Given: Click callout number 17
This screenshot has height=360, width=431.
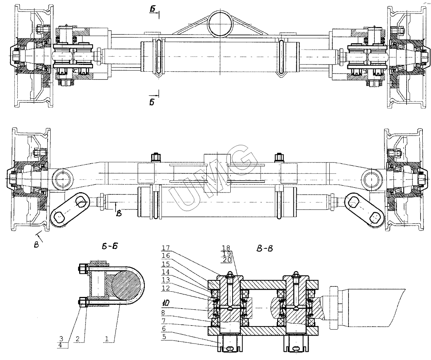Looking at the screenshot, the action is pos(166,247).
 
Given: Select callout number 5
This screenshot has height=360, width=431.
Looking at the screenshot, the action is pos(164,337).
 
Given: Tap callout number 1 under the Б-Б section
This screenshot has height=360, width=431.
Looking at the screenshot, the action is pos(107,339).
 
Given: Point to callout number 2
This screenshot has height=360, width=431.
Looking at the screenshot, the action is pos(78,339).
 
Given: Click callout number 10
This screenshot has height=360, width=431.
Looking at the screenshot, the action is pos(165,303).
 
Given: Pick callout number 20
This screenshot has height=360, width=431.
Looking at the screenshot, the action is pos(227,260).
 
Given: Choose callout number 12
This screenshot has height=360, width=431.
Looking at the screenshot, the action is pos(166,288).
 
